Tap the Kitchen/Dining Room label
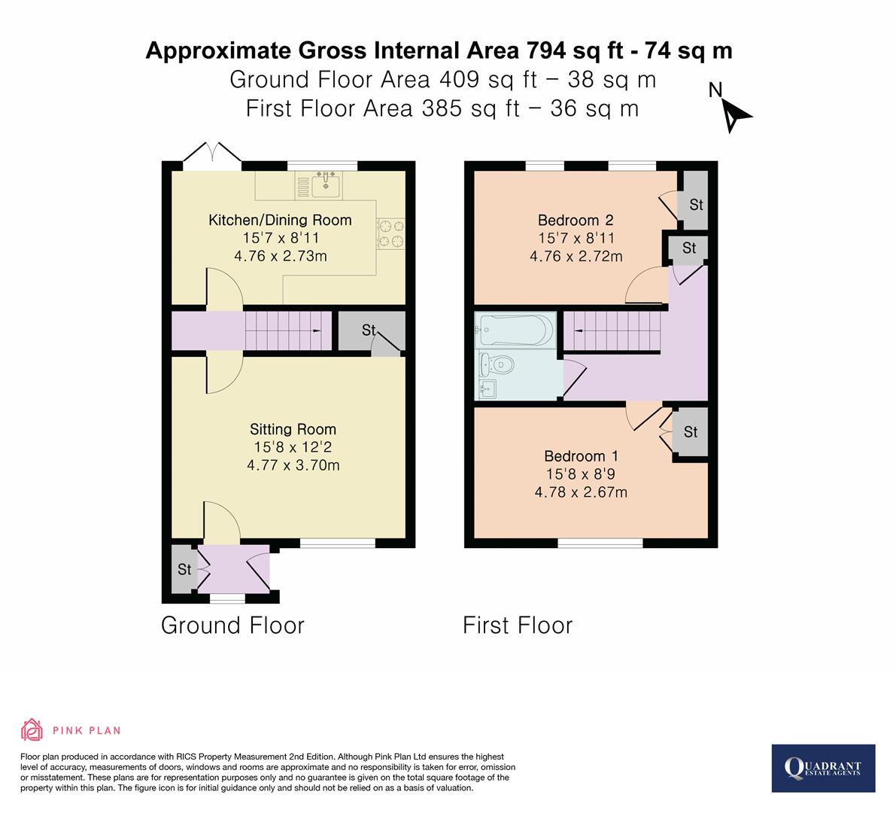pos(280,221)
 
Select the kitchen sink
pos(326,184)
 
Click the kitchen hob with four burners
pos(390,233)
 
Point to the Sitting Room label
pos(293,429)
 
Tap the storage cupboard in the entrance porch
pos(184,569)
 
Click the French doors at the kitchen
pos(211,152)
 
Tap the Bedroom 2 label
pos(576,221)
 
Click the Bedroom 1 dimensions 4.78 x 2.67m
pos(581,492)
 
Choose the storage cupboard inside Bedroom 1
pos(690,432)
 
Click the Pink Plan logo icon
pos(32,729)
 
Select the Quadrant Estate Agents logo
pos(823,768)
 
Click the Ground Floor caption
pos(232,626)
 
